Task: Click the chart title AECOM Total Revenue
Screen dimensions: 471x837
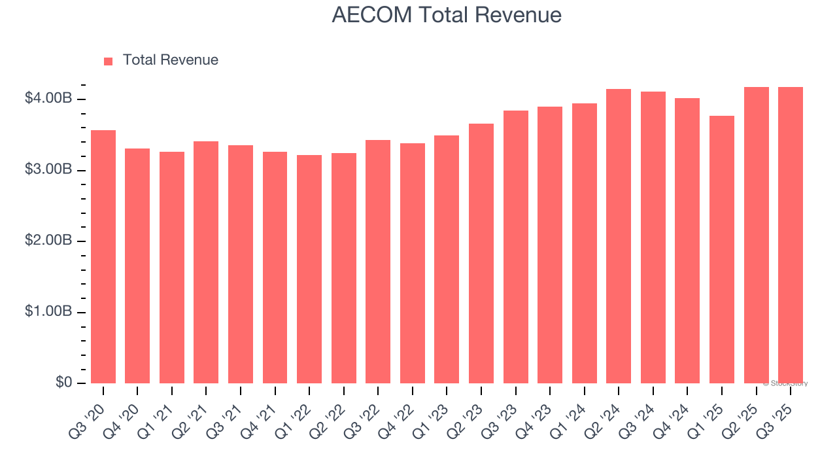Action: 447,15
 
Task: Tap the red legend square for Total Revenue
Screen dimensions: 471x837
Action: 109,61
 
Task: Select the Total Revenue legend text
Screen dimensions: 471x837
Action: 170,60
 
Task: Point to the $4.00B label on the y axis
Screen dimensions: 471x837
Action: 48,99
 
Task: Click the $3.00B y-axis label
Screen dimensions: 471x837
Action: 48,170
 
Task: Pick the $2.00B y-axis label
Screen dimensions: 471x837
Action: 48,241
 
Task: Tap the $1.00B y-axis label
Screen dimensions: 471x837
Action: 48,312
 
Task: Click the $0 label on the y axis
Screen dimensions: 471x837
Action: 63,383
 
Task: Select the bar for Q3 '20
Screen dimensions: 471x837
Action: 103,256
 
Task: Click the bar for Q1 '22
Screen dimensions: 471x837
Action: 309,269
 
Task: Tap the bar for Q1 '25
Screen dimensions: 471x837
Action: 722,249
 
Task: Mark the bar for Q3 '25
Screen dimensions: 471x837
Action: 791,235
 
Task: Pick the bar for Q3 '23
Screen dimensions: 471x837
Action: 515,247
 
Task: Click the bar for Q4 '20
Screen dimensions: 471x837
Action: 137,266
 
